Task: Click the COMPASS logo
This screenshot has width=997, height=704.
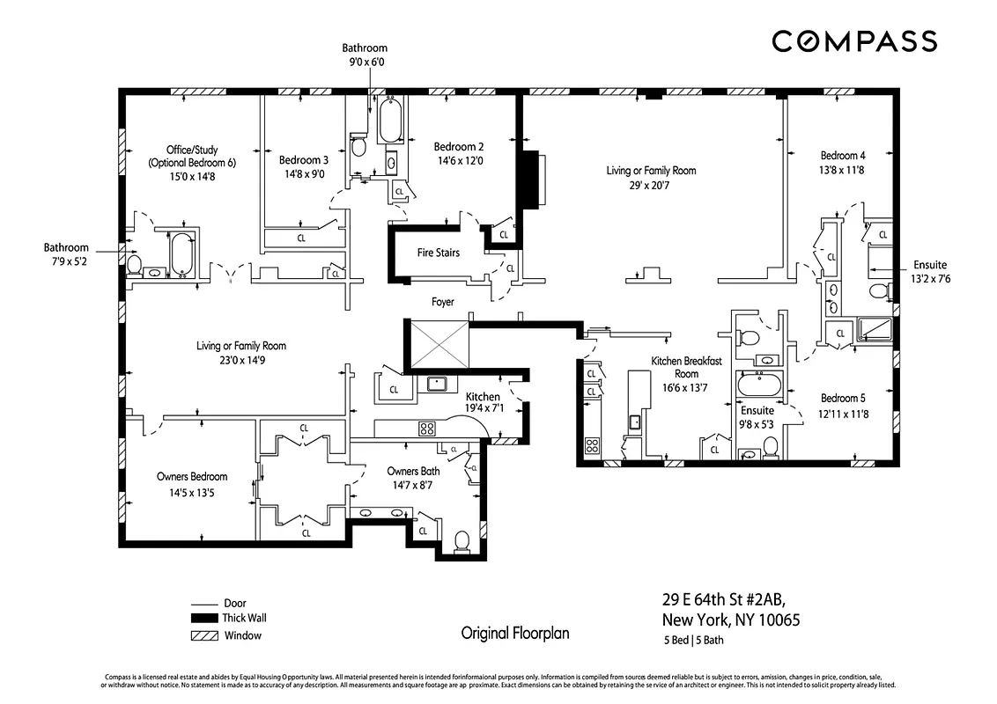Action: (853, 41)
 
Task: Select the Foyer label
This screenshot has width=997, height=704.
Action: (443, 302)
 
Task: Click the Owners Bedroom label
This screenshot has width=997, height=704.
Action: (192, 477)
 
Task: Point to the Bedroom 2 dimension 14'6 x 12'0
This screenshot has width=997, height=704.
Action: (458, 162)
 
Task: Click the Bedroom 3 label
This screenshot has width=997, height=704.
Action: (304, 160)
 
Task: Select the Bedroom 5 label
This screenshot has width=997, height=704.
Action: (844, 397)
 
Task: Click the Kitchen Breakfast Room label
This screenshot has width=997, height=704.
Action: (686, 367)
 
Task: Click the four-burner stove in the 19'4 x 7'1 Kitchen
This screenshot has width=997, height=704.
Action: (427, 429)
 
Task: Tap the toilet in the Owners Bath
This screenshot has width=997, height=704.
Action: (461, 540)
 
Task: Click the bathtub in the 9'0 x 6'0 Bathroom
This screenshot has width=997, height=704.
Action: (390, 121)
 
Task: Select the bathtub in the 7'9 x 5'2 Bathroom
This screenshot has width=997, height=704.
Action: (181, 253)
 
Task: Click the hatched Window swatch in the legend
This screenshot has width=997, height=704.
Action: (203, 635)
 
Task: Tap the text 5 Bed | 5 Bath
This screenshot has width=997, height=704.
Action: (693, 640)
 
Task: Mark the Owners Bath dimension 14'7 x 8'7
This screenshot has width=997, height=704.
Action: (413, 485)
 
